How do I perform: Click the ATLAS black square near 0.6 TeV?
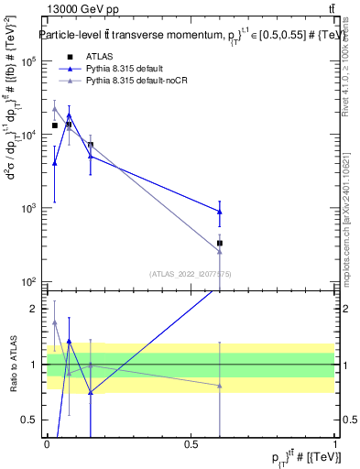click(x=220, y=244)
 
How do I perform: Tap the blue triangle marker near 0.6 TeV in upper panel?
click(x=220, y=212)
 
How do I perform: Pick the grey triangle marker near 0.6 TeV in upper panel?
click(x=220, y=252)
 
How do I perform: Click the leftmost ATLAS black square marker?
click(x=55, y=125)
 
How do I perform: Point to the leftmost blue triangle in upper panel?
click(x=55, y=163)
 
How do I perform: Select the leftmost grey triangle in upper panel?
click(x=55, y=109)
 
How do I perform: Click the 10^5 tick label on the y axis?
click(x=29, y=61)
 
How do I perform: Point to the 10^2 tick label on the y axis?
click(x=29, y=281)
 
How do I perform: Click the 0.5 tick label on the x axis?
click(x=191, y=446)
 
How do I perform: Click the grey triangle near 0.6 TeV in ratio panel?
click(x=220, y=386)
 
